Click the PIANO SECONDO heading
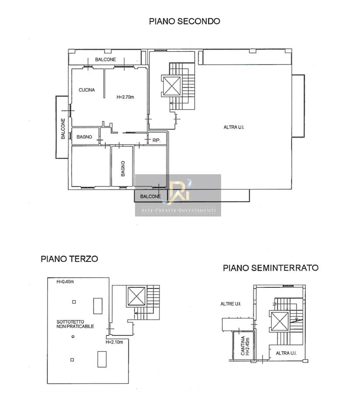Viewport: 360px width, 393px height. (x=184, y=21)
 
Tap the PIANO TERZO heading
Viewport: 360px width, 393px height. (x=69, y=259)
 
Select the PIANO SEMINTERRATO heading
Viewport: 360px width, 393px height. (x=271, y=268)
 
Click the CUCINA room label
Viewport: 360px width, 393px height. (x=87, y=90)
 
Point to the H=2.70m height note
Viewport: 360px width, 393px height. (x=125, y=97)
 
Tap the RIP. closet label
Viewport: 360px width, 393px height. (x=156, y=140)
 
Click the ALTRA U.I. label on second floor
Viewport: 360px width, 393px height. (x=234, y=128)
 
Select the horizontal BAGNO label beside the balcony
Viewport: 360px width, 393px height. (x=84, y=137)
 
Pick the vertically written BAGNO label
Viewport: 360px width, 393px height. (x=123, y=169)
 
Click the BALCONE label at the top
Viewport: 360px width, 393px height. (x=106, y=59)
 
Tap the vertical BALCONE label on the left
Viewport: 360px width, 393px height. (x=63, y=128)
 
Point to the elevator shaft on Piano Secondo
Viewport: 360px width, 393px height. (x=172, y=86)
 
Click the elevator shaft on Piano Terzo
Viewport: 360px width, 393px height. (x=137, y=296)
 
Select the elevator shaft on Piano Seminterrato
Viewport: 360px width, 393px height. (x=280, y=321)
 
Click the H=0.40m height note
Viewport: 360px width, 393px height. (x=65, y=282)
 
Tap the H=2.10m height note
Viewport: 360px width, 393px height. (x=114, y=342)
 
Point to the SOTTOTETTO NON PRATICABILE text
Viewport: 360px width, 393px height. (x=75, y=324)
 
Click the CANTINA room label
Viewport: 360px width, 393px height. (x=242, y=346)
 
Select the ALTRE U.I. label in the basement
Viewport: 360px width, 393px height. (x=231, y=304)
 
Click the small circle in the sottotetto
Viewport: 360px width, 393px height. (x=73, y=337)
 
